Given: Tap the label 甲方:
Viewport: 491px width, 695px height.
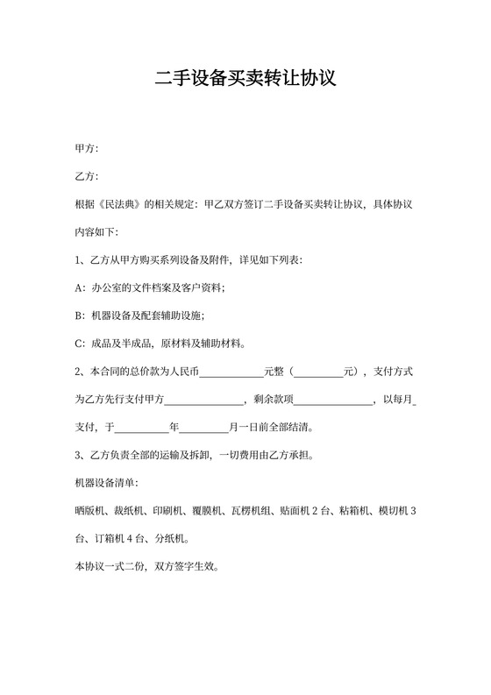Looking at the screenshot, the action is (x=87, y=147).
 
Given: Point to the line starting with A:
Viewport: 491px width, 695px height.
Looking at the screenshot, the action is (x=150, y=287).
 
